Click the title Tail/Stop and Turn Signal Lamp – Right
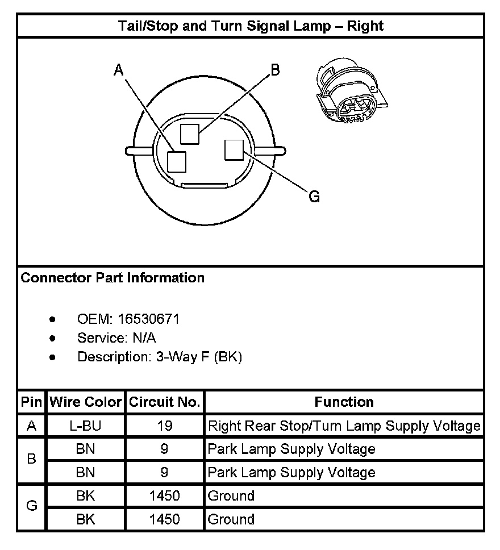250,26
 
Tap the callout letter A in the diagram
119,70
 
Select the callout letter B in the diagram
274,70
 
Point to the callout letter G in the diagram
314,197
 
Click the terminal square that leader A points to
177,161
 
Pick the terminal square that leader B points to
190,134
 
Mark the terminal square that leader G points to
234,150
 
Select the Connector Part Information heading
113,278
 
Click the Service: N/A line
116,338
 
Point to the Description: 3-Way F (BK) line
160,357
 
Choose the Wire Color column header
86,402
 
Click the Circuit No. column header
165,402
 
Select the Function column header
344,402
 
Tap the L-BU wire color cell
86,426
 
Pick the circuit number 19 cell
165,426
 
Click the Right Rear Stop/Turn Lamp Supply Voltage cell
344,426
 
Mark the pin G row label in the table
32,507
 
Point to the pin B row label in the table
32,460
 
